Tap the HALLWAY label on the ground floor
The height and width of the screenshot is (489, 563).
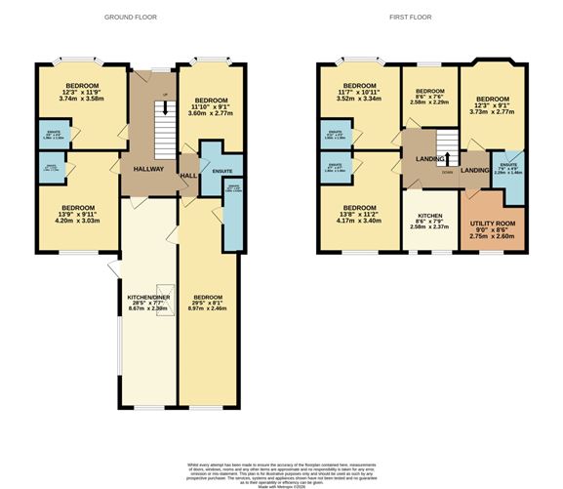(x=148, y=169)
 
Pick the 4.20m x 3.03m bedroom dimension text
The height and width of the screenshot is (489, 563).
(x=78, y=220)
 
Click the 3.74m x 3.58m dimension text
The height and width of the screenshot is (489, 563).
(x=80, y=100)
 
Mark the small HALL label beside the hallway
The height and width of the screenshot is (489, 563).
(x=188, y=176)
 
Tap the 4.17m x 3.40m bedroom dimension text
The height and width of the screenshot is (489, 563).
(x=359, y=221)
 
